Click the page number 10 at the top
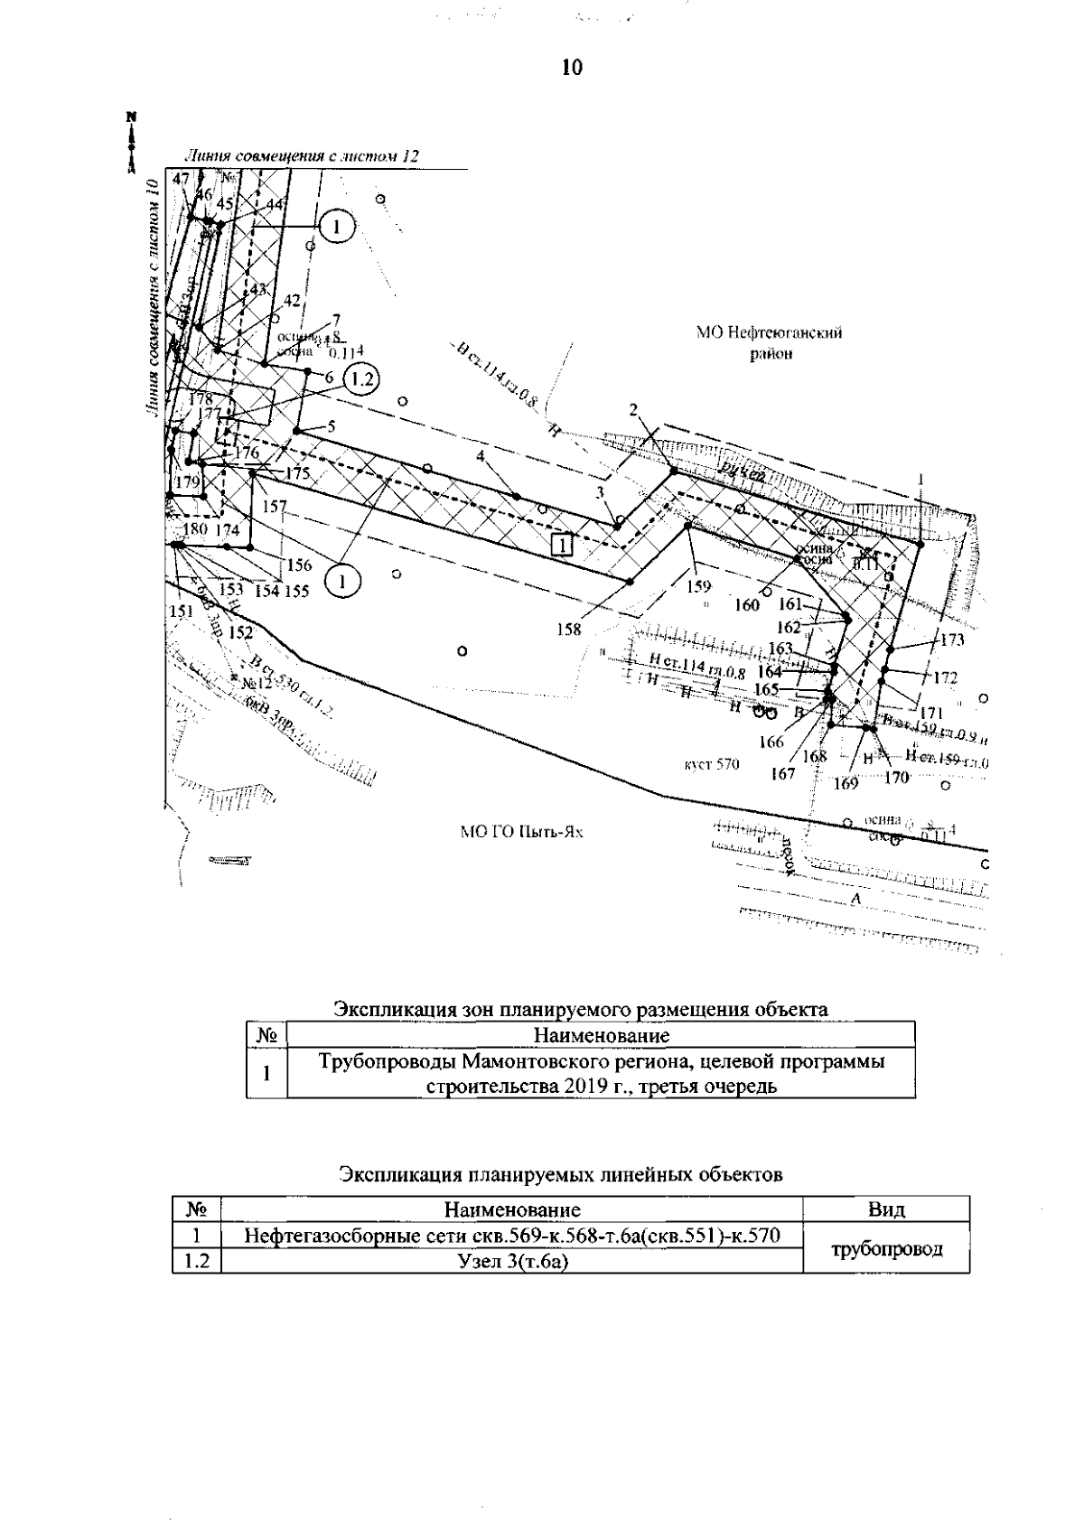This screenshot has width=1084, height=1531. [x=572, y=68]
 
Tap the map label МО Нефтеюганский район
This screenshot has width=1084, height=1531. [x=770, y=343]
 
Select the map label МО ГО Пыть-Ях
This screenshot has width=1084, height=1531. [x=522, y=832]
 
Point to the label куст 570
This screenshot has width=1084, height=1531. [x=712, y=765]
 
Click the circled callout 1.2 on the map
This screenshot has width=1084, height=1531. [x=361, y=379]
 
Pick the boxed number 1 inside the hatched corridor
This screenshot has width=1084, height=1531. [x=562, y=545]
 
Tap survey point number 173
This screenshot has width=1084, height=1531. [x=952, y=640]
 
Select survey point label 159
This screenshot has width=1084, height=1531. [x=698, y=586]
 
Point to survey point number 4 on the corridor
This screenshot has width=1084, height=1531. [x=481, y=457]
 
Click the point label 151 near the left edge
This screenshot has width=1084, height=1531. [x=182, y=611]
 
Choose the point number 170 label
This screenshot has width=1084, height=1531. [x=896, y=776]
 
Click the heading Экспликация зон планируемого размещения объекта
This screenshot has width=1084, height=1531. [x=581, y=1009]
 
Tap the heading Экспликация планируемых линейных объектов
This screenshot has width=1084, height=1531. [x=560, y=1174]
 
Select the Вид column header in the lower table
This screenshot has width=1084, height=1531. [x=886, y=1209]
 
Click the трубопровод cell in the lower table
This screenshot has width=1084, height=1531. [x=886, y=1249]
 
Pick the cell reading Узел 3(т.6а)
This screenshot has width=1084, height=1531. [x=512, y=1262]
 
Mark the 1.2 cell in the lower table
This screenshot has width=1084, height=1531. [x=196, y=1262]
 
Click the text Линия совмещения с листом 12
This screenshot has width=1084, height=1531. [x=302, y=157]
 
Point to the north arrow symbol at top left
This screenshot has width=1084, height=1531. [x=131, y=141]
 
